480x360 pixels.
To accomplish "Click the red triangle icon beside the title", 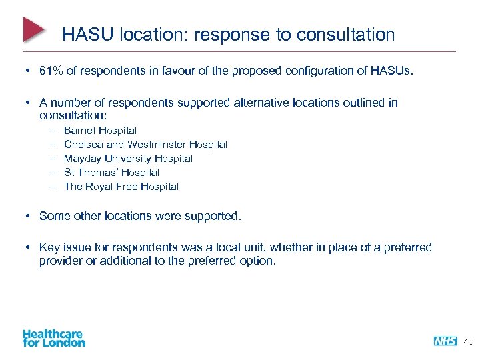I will pyautogui.click(x=34, y=30).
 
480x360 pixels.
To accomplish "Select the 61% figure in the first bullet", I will pyautogui.click(x=51, y=71).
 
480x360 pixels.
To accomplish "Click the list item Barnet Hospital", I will pyautogui.click(x=100, y=131).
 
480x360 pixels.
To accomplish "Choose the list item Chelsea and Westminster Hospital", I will pyautogui.click(x=145, y=145).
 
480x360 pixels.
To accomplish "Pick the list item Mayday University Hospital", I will pyautogui.click(x=128, y=159).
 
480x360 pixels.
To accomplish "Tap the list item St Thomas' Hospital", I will pyautogui.click(x=111, y=173).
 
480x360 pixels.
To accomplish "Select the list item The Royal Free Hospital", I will pyautogui.click(x=121, y=187).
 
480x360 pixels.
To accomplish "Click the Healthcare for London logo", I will pyautogui.click(x=53, y=337).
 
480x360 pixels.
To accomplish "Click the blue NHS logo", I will pyautogui.click(x=445, y=341).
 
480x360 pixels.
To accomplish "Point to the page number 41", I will pyautogui.click(x=467, y=341).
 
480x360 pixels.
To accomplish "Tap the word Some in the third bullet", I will pyautogui.click(x=53, y=216).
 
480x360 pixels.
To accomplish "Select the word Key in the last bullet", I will pyautogui.click(x=50, y=247).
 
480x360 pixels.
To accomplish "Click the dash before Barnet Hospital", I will pyautogui.click(x=51, y=131).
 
